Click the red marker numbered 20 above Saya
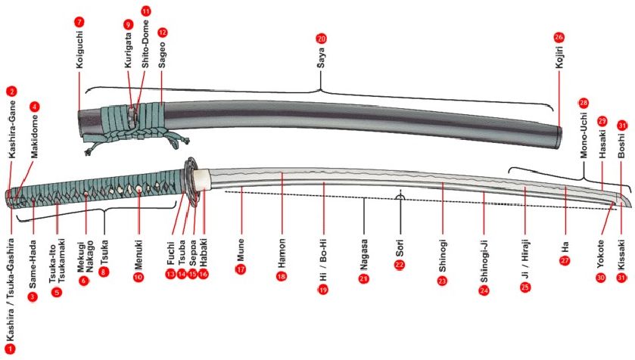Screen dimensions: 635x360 [x=321, y=39]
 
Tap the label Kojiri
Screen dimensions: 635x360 [x=559, y=57]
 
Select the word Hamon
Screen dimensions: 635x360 [x=282, y=253]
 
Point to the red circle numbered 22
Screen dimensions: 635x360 [x=400, y=265]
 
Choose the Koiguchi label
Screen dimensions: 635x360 [x=79, y=49]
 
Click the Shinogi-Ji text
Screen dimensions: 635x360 [x=484, y=262]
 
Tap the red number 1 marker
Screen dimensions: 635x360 [x=10, y=349]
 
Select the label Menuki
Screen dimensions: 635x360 [x=139, y=255]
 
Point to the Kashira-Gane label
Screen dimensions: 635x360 [x=12, y=129]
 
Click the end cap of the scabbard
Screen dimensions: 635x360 [x=559, y=137]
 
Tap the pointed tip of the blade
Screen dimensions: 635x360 [x=630, y=206]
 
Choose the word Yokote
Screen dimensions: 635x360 [x=600, y=254]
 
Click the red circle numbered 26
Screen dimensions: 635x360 [x=559, y=37]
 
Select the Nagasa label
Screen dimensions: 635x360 [x=363, y=255]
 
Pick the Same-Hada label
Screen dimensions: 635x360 [x=33, y=264]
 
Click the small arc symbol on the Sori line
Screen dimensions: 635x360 [x=400, y=197]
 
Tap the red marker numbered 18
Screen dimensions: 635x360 [x=282, y=277]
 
